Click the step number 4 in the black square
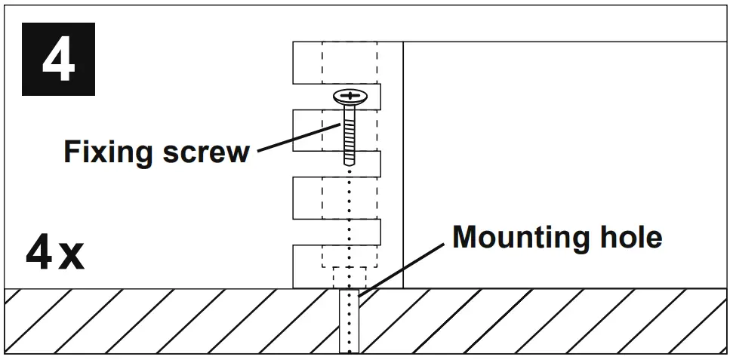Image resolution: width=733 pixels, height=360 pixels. tap(58, 60)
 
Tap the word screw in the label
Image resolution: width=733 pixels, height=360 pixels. tap(205, 153)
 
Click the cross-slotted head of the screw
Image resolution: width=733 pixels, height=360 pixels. tap(348, 97)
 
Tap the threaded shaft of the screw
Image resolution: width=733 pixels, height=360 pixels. tap(348, 136)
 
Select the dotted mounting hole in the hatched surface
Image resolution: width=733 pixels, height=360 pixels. tap(348, 321)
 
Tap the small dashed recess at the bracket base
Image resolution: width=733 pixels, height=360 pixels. tap(348, 277)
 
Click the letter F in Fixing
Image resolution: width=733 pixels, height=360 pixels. tap(70, 153)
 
